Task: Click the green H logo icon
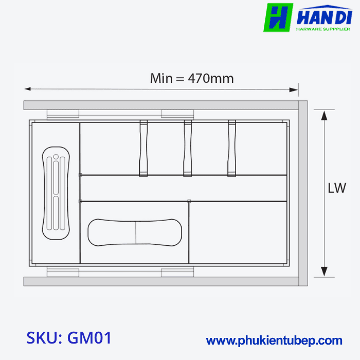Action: (x=278, y=17)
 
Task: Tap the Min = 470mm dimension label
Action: (x=192, y=78)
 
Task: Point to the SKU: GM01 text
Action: (x=69, y=338)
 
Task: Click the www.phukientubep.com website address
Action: (x=274, y=340)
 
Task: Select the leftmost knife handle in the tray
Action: (x=143, y=148)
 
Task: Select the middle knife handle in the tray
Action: (x=188, y=148)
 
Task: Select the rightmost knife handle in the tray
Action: (x=232, y=148)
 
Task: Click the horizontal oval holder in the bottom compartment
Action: (x=136, y=232)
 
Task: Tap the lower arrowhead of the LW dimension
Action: (x=324, y=272)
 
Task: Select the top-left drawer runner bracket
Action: (x=62, y=114)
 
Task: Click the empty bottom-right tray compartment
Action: (x=238, y=232)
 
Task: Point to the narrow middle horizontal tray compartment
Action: (x=184, y=188)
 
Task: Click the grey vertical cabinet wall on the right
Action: (x=303, y=193)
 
